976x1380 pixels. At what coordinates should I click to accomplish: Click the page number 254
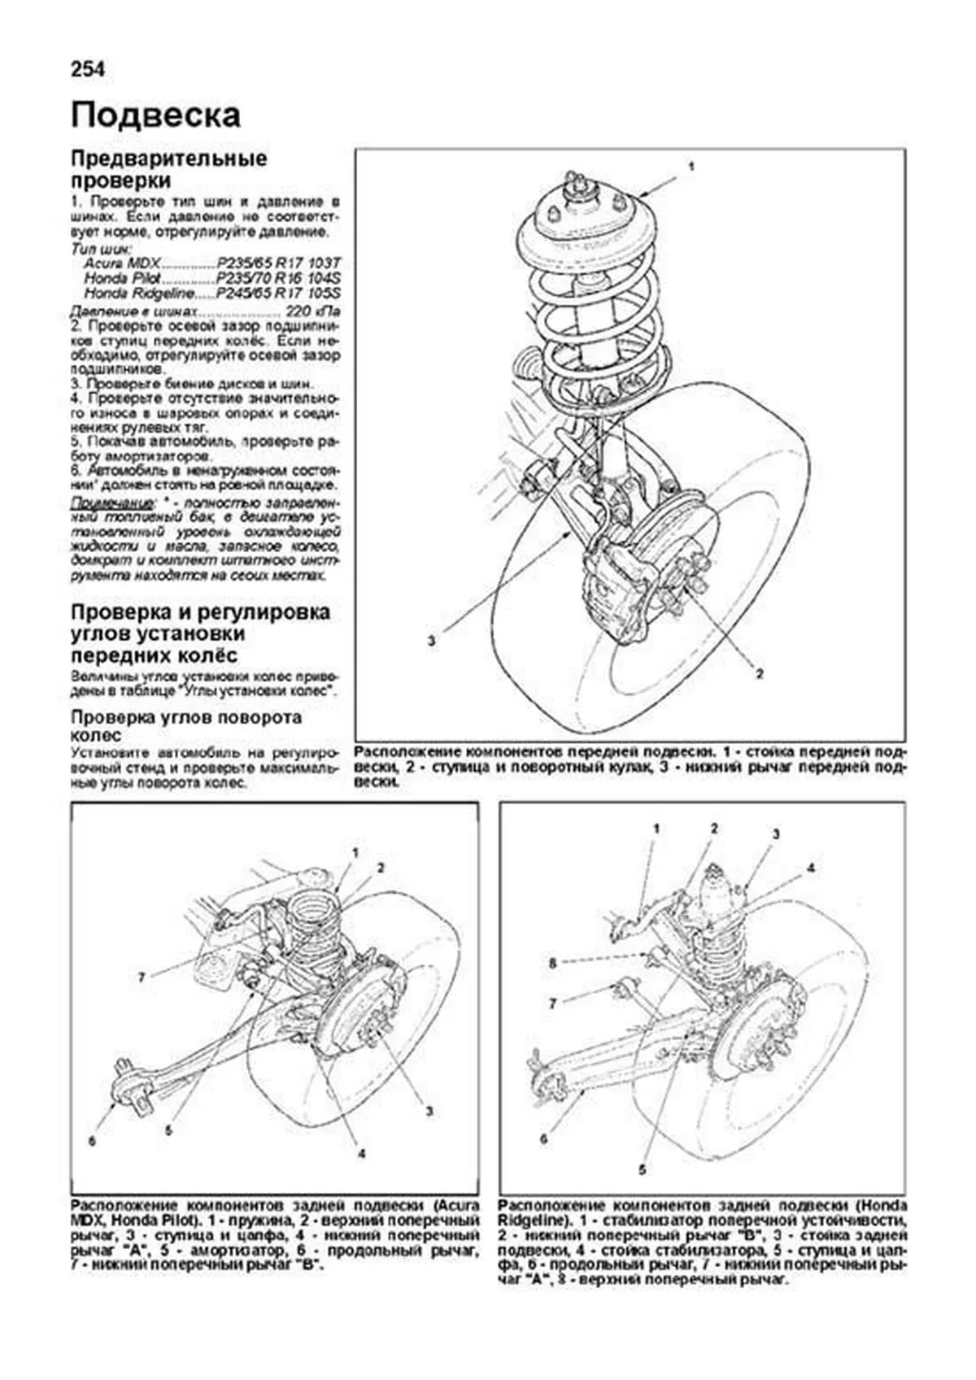point(88,70)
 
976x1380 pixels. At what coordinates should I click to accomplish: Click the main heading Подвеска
point(155,115)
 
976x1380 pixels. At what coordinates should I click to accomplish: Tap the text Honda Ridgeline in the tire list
point(139,293)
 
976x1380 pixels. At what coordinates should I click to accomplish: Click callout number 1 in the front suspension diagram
point(691,166)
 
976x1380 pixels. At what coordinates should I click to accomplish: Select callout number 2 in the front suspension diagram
point(759,673)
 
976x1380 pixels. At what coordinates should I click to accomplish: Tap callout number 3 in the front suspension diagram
point(431,641)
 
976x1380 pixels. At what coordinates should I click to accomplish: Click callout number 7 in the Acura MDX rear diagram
point(141,977)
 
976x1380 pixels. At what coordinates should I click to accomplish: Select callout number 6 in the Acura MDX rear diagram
point(92,1142)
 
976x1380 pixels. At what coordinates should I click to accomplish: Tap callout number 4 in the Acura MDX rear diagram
point(360,1153)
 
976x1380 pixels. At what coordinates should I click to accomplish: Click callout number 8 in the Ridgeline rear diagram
point(552,963)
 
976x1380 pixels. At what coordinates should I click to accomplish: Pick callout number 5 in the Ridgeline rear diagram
point(642,1171)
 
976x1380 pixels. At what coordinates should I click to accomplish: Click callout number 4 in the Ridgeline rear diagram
point(810,868)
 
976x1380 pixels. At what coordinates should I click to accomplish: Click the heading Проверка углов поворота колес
point(186,725)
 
